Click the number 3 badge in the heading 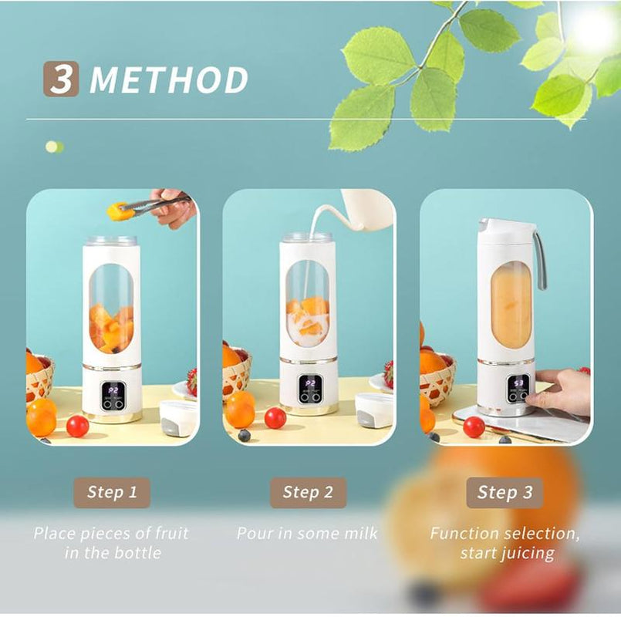(61, 79)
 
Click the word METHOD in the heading (169, 80)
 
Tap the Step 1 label (112, 492)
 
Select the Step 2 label (308, 492)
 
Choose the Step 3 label (505, 492)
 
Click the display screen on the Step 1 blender (113, 386)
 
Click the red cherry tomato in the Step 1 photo (77, 426)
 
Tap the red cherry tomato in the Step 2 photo (275, 418)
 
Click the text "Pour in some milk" (307, 533)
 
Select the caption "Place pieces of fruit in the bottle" (110, 542)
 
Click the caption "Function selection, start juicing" (505, 542)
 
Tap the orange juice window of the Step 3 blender (511, 304)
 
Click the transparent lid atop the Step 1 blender (111, 241)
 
